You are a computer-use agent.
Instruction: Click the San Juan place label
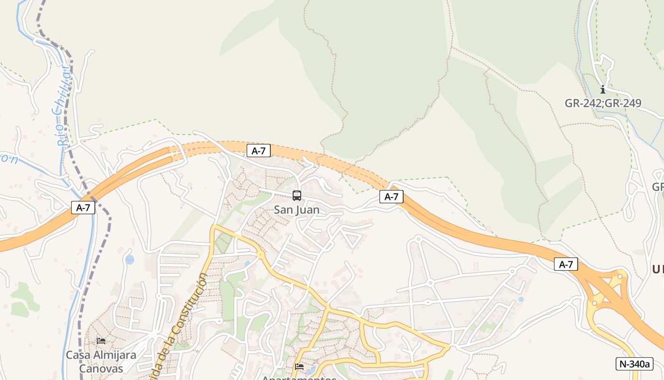point(297,209)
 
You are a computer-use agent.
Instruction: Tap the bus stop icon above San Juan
point(297,195)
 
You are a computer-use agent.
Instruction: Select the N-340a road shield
point(634,364)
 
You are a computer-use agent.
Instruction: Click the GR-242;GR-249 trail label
point(603,103)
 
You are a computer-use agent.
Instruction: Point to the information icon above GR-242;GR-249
point(603,89)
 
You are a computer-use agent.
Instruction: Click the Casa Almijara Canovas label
point(101,361)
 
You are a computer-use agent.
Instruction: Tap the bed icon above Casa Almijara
point(101,341)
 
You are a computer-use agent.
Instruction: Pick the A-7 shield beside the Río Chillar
point(83,207)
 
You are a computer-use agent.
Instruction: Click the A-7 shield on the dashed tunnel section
point(258,151)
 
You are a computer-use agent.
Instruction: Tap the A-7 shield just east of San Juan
point(391,197)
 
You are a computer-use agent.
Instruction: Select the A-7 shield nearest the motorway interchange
point(566,264)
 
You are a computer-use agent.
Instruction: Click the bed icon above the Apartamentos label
point(299,366)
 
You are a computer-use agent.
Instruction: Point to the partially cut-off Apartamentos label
point(299,378)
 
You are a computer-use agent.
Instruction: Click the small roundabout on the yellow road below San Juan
point(260,255)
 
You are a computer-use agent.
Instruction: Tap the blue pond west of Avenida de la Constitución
point(129,260)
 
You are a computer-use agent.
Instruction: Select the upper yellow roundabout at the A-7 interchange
point(619,276)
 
